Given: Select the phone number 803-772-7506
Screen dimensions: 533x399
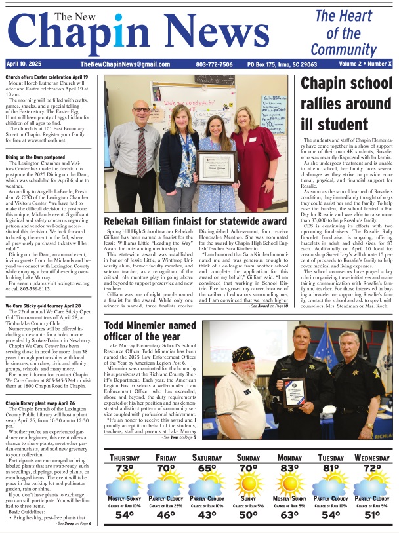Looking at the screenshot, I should tap(215, 65).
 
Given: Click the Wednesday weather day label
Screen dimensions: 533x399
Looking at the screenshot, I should tap(371, 458).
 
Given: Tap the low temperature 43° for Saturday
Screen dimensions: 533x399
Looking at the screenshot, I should tap(207, 515).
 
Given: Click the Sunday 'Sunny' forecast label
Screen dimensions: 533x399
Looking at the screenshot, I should tap(248, 499).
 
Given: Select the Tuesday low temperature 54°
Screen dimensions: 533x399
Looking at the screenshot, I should tap(331, 515).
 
